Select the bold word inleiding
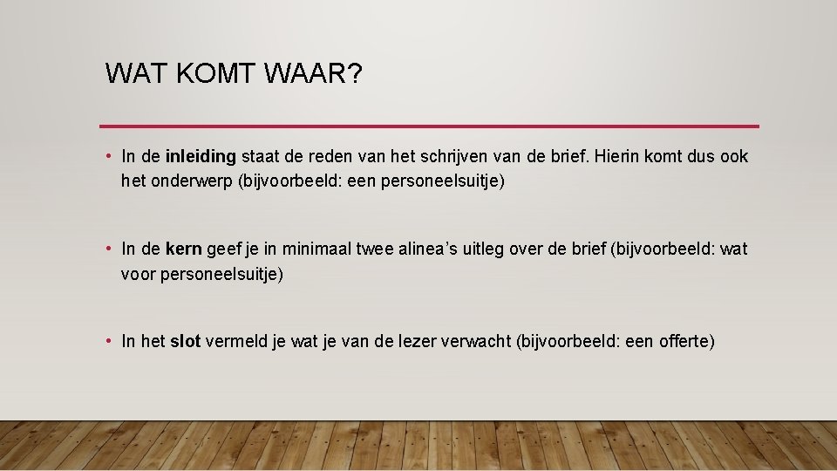tap(201, 157)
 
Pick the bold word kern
tap(183, 249)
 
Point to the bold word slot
tap(185, 342)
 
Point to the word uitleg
tap(484, 249)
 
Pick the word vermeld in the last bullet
tap(235, 342)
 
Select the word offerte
tap(686, 342)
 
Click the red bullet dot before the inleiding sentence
tap(106, 157)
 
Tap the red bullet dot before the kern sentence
tap(106, 249)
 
